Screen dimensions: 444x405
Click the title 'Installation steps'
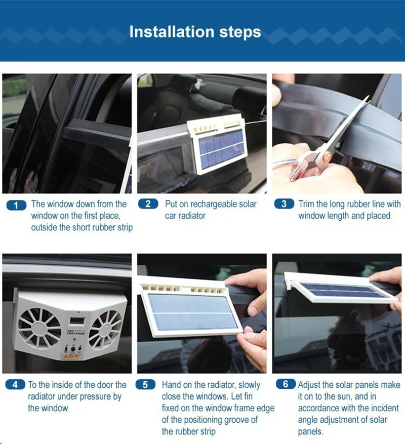tap(195, 32)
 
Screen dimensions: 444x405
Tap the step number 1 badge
tap(17, 205)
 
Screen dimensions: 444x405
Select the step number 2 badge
tap(148, 204)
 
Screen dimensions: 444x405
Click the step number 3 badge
tap(284, 204)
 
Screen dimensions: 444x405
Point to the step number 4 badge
tap(15, 385)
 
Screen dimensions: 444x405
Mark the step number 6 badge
tap(286, 385)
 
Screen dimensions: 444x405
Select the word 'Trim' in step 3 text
tap(306, 204)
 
